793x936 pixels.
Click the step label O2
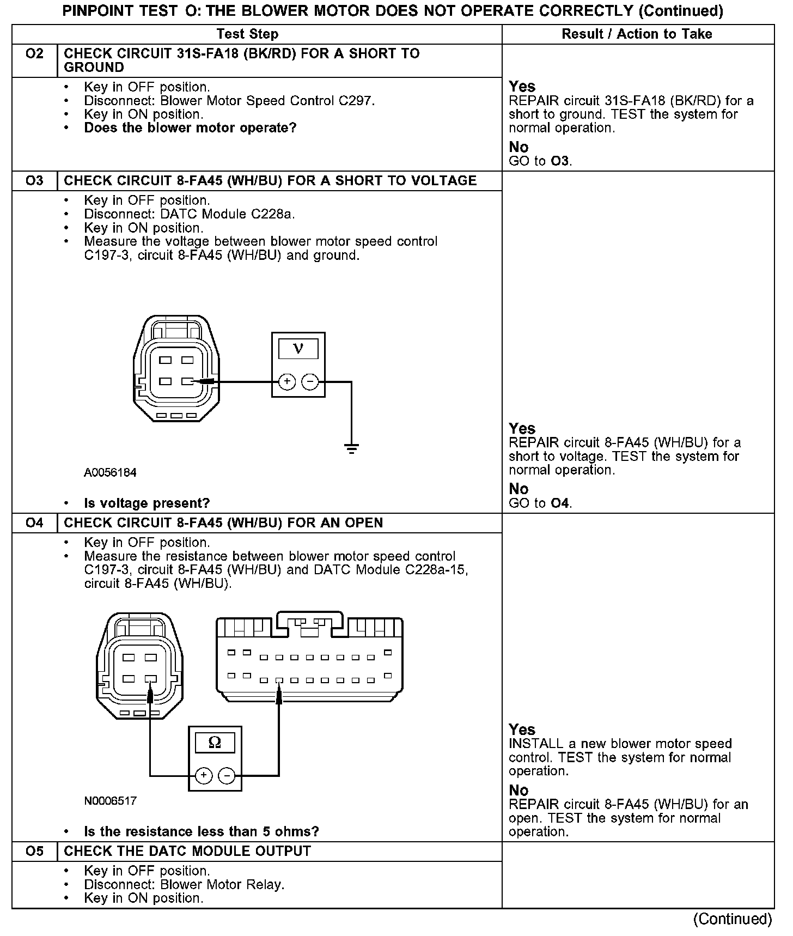pos(34,54)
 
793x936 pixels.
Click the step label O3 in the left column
pos(34,181)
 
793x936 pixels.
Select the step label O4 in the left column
pos(34,523)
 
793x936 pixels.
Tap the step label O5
pos(34,852)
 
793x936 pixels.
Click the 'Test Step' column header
pos(247,34)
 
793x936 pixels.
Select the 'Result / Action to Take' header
pos(637,34)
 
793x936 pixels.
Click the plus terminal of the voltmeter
pos(287,382)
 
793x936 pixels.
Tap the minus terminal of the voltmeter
pos(310,382)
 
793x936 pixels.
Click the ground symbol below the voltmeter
pos(351,449)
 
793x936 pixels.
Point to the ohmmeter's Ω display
pos(215,743)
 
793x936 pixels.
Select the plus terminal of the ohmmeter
pos(204,775)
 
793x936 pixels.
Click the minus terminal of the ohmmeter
pos(227,775)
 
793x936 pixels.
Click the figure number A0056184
pos(110,473)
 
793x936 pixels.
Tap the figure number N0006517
pos(110,801)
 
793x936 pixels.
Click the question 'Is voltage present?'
pos(147,503)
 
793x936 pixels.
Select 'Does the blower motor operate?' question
pos(190,128)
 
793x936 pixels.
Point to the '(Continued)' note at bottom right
pos(733,919)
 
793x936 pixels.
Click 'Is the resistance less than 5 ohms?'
pos(202,831)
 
